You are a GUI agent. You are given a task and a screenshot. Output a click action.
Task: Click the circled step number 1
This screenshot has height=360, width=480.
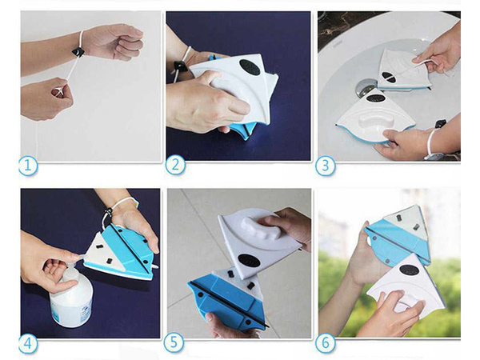[29, 167]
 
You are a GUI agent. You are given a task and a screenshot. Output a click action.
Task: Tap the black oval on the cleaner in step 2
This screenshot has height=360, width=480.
[249, 68]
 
